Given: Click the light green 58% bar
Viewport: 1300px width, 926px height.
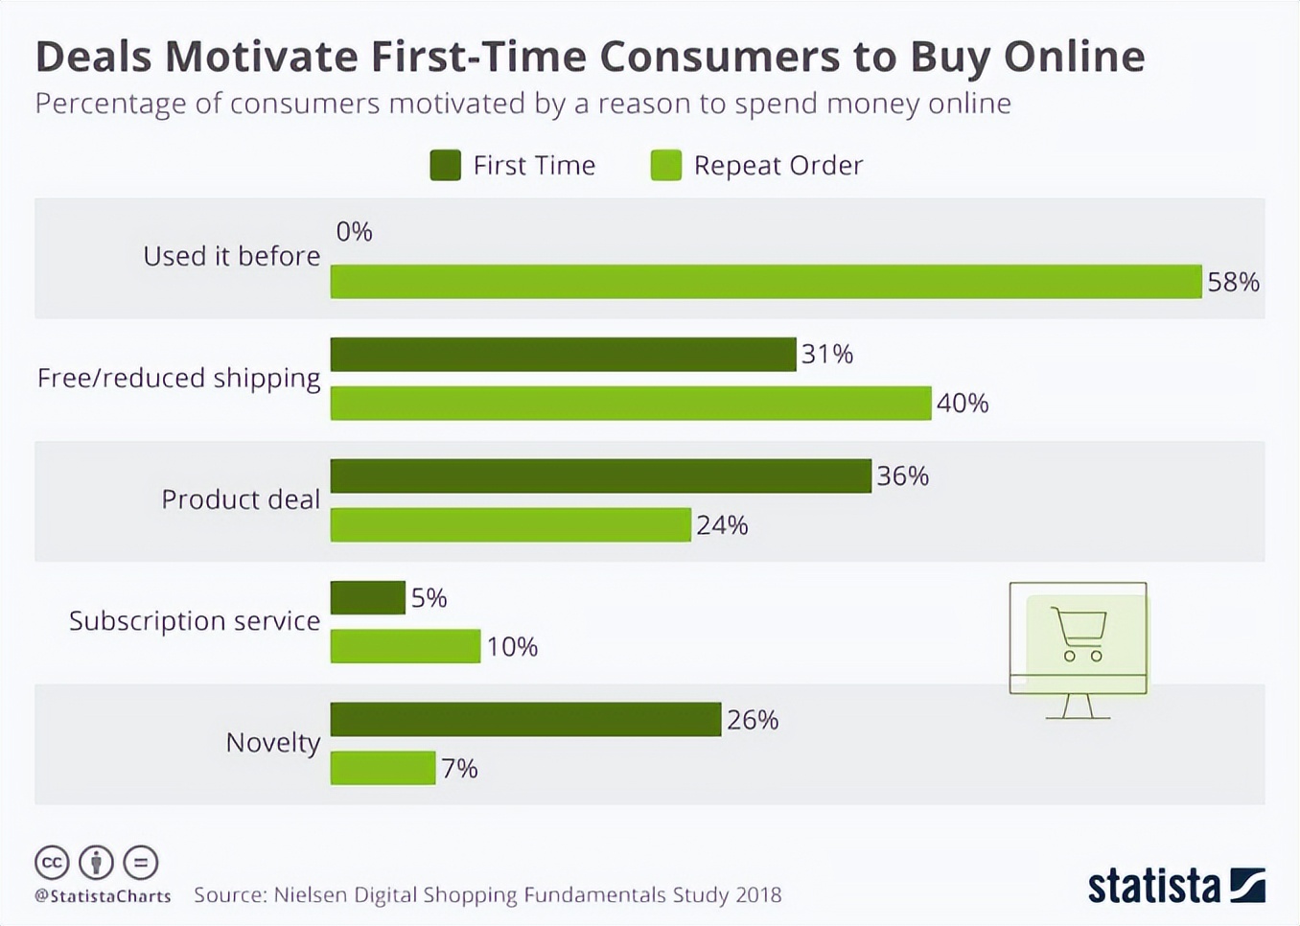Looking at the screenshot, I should (x=765, y=282).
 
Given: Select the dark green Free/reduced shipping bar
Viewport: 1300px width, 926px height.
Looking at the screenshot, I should (x=563, y=355).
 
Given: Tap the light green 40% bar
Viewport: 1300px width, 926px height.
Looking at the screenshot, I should (x=630, y=404).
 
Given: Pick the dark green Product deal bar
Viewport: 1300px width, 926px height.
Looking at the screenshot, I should (x=600, y=476).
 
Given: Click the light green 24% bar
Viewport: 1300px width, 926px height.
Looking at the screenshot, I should (x=510, y=525).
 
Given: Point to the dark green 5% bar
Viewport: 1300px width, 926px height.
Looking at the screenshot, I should (x=367, y=598).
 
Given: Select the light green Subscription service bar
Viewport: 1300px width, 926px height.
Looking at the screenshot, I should (x=405, y=647).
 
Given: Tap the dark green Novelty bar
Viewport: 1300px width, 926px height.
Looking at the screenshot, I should (x=525, y=720).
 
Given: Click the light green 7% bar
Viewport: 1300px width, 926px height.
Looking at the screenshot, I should (x=383, y=769).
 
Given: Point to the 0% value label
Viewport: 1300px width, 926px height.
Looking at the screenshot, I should (x=354, y=232).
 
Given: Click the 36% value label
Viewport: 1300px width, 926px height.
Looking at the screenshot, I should (x=902, y=476).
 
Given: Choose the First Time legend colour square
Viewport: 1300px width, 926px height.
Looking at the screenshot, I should (x=445, y=166).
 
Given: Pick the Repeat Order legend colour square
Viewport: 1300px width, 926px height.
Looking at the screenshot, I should (x=665, y=166).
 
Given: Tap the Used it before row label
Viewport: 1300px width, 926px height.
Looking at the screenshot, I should (x=231, y=257).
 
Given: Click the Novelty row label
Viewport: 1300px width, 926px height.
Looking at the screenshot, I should (x=272, y=743).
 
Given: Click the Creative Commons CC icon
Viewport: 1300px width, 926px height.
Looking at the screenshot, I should (x=52, y=863).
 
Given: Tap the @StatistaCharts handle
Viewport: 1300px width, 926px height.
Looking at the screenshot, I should (x=103, y=896).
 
